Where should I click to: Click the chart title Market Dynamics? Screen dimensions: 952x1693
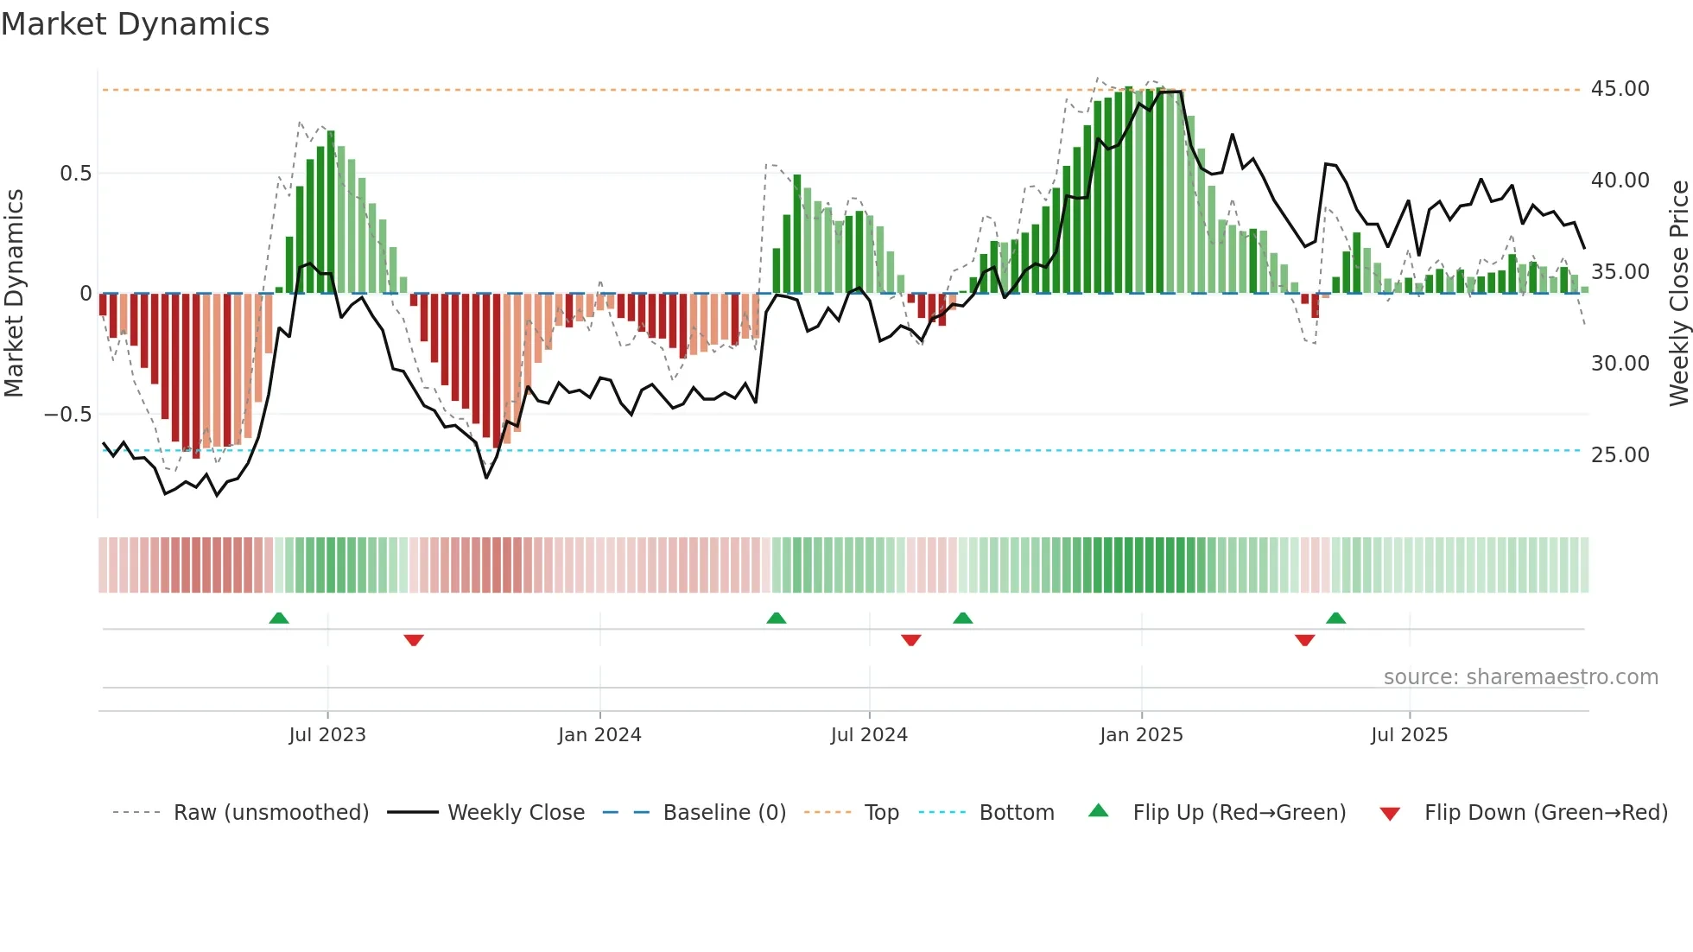click(x=135, y=24)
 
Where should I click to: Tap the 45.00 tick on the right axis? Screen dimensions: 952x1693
click(x=1620, y=89)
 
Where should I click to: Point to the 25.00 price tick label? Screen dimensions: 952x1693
click(x=1620, y=455)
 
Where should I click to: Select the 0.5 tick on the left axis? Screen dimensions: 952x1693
click(x=75, y=174)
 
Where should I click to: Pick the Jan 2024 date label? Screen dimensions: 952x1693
click(x=599, y=735)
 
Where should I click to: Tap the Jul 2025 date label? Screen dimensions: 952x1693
click(x=1409, y=735)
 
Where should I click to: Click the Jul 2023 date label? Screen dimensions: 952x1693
click(x=327, y=735)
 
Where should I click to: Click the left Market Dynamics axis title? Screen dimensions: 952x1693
click(x=14, y=294)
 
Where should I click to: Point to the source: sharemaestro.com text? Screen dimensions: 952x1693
click(x=1520, y=677)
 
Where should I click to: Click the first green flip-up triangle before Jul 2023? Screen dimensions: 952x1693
click(x=279, y=619)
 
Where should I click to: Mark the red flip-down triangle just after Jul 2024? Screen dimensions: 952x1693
click(x=911, y=640)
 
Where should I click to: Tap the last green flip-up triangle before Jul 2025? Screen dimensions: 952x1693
click(x=1336, y=619)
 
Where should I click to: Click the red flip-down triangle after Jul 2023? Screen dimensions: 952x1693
click(x=414, y=640)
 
